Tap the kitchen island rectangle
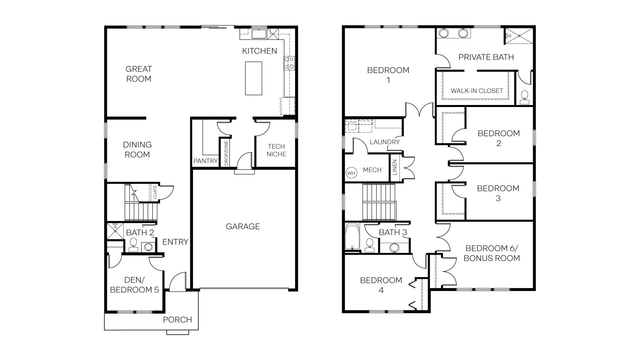point(254,78)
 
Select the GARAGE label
point(243,227)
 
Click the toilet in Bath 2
point(133,244)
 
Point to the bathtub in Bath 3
point(352,237)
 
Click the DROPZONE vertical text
point(226,153)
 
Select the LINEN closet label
point(395,167)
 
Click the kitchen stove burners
point(289,63)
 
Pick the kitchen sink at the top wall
point(258,34)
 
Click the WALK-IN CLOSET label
point(477,91)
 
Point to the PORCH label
point(177,320)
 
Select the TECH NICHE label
point(276,150)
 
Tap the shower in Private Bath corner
point(519,36)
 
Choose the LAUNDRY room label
point(385,142)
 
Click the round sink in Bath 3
point(394,247)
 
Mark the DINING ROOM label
point(137,150)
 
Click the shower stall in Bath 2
point(115,230)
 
